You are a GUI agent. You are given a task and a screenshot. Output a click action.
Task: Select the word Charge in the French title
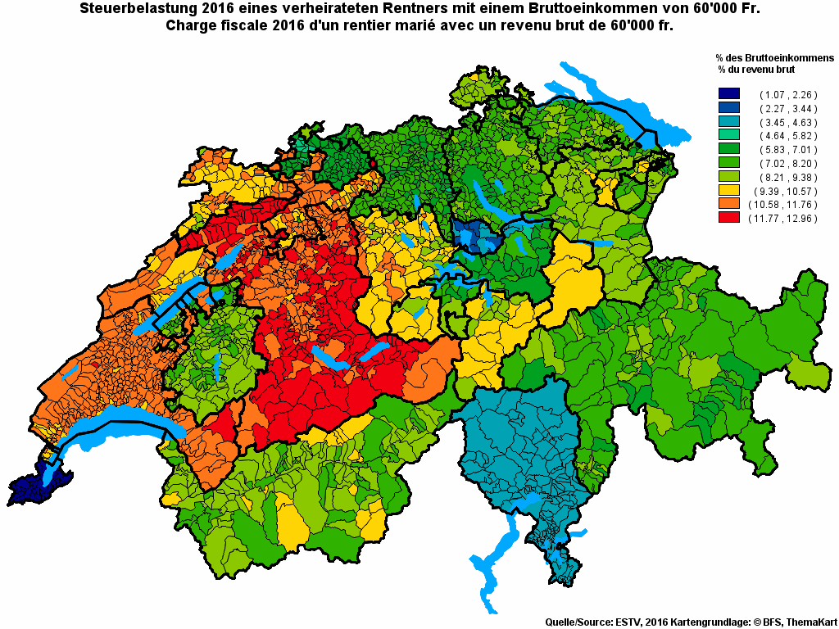pyautogui.click(x=190, y=25)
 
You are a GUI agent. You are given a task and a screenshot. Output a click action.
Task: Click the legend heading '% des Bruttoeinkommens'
pyautogui.click(x=773, y=58)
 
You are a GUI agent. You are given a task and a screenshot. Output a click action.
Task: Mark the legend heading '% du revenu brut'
pyautogui.click(x=758, y=70)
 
